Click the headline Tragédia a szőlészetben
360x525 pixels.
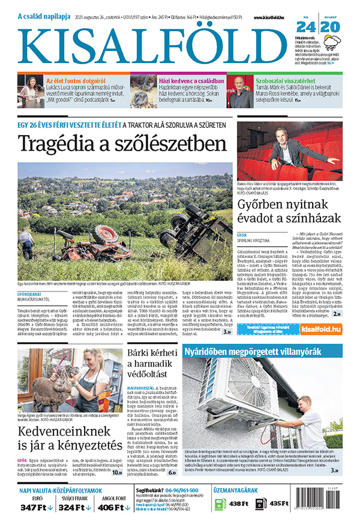tap(122, 144)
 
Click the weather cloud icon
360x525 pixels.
tap(332, 42)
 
